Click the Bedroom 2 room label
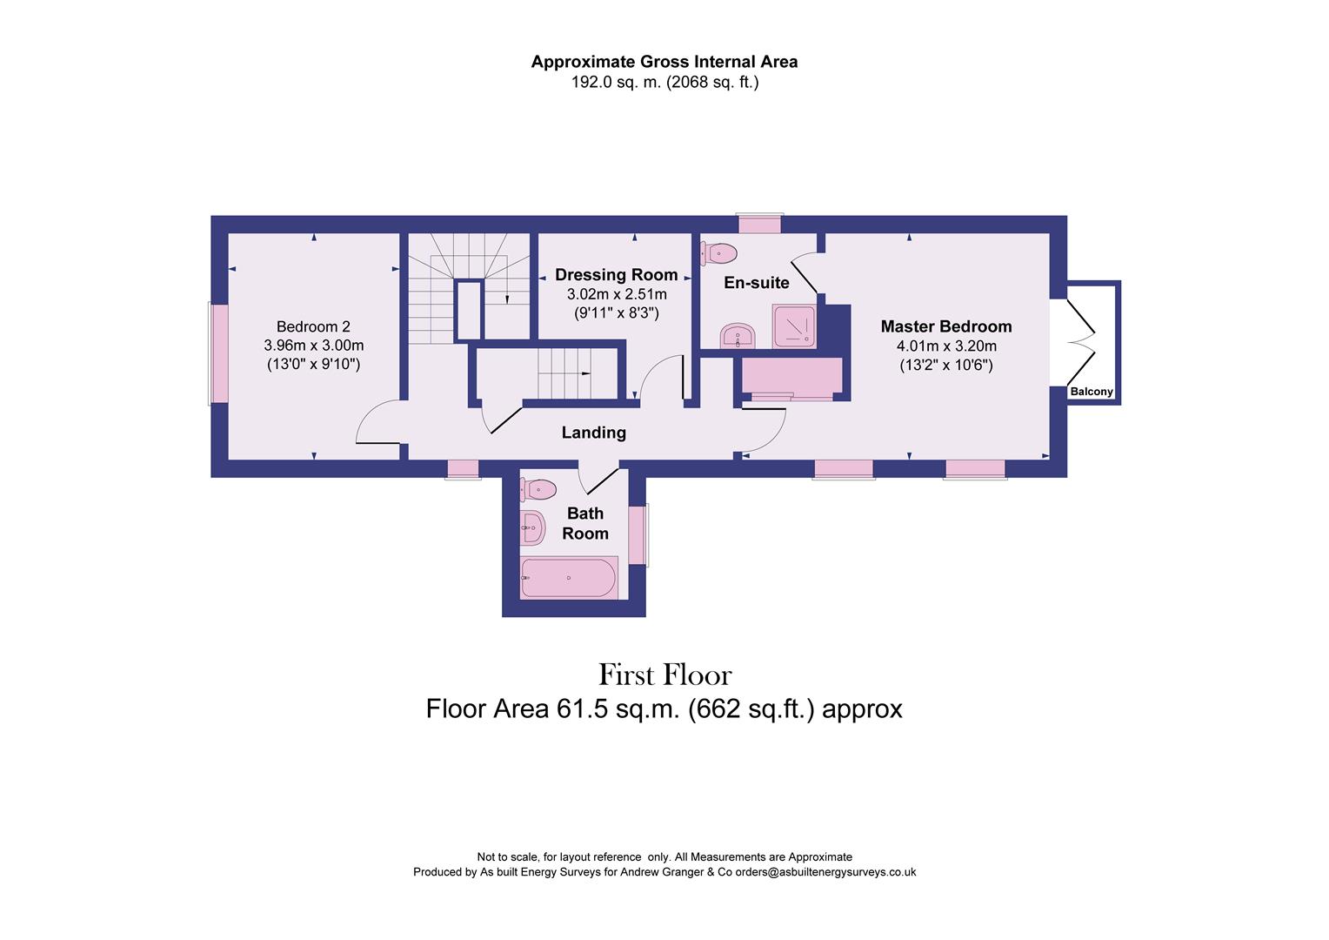[x=313, y=326]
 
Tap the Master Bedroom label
[x=945, y=326]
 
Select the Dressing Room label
[x=616, y=275]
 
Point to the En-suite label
[x=757, y=282]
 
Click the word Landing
[x=593, y=432]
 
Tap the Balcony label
[x=1091, y=392]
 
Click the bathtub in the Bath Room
[x=568, y=578]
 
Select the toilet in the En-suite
[x=722, y=253]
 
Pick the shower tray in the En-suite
[x=793, y=326]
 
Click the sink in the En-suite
[x=738, y=335]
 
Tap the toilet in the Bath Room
[x=539, y=490]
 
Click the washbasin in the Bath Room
[x=531, y=527]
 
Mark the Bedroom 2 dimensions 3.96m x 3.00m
[x=313, y=346]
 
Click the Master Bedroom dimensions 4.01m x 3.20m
[x=945, y=346]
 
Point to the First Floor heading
[x=664, y=675]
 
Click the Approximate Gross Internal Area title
[x=664, y=62]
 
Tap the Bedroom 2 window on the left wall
[x=217, y=353]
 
